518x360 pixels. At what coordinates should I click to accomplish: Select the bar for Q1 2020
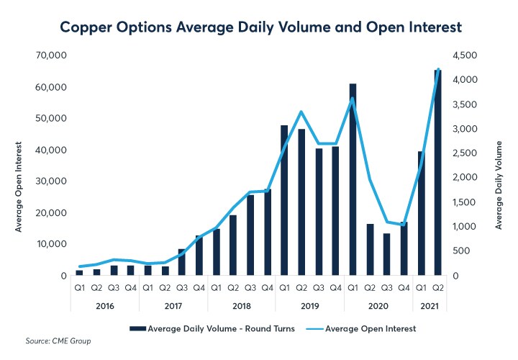[353, 180]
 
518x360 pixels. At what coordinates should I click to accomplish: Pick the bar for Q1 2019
[284, 201]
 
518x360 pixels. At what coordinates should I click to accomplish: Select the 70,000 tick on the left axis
[53, 55]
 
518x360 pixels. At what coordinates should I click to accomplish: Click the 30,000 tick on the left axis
[53, 181]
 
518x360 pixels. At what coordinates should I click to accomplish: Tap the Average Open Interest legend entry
[367, 328]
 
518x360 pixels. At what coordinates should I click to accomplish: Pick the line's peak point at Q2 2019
[301, 112]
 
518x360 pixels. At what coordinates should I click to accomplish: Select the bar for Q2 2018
[233, 246]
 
